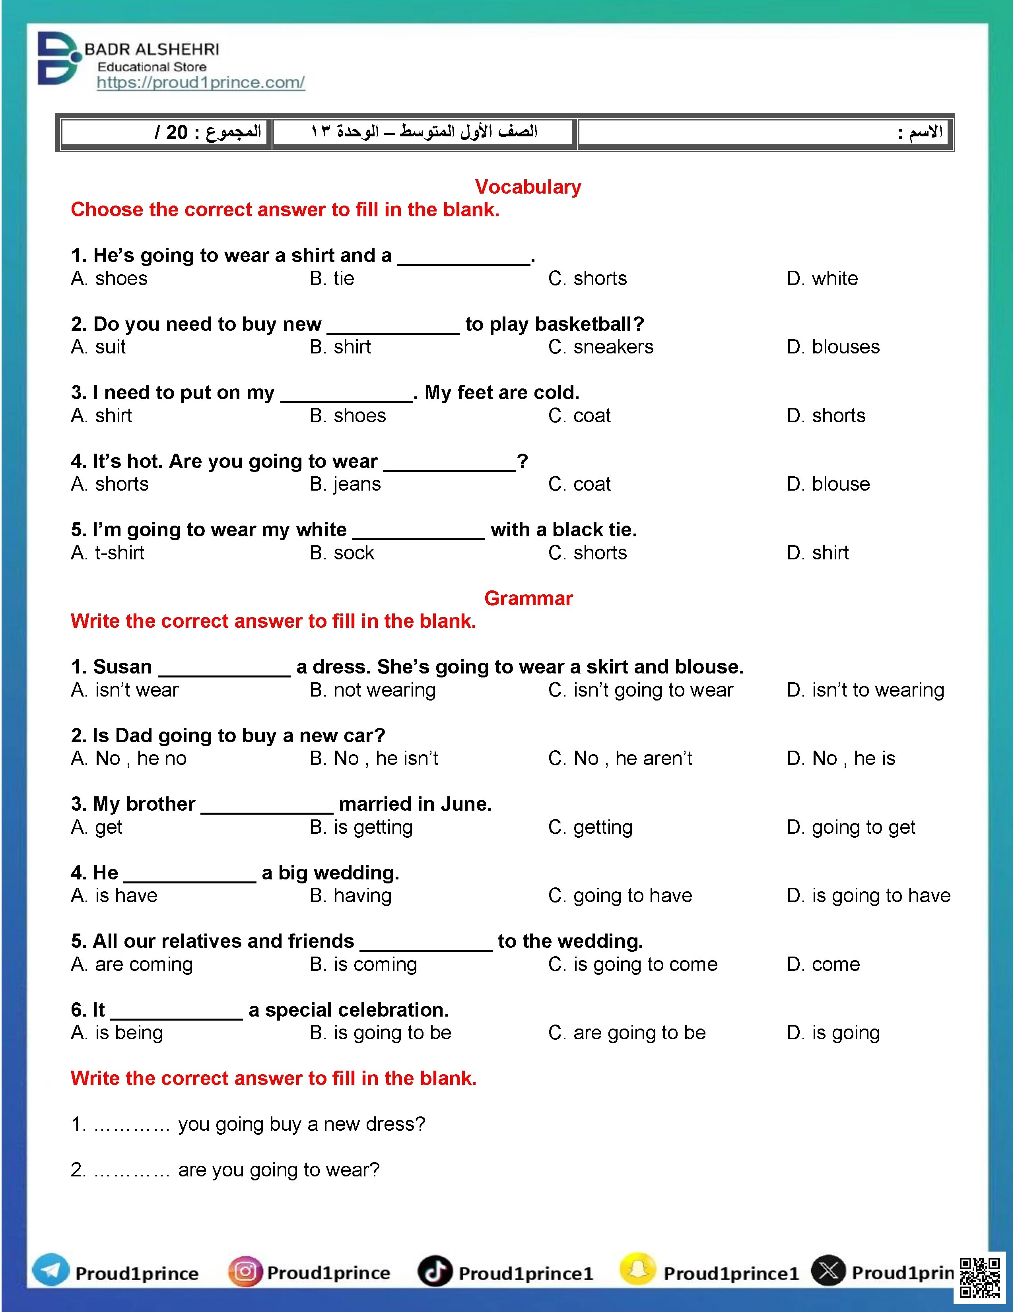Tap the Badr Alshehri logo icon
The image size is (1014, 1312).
[58, 58]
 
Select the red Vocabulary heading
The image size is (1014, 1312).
[527, 187]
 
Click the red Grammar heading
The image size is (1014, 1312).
[528, 598]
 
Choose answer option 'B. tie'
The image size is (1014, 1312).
[332, 279]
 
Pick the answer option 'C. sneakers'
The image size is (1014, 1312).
[601, 347]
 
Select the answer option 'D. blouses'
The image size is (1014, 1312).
[833, 347]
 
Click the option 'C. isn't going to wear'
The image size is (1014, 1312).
[640, 690]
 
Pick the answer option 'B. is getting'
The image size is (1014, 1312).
[361, 827]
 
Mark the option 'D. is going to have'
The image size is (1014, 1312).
[868, 896]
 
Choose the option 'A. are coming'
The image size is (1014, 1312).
[132, 964]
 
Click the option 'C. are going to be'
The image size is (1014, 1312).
[627, 1033]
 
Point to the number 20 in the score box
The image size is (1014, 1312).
[177, 132]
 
